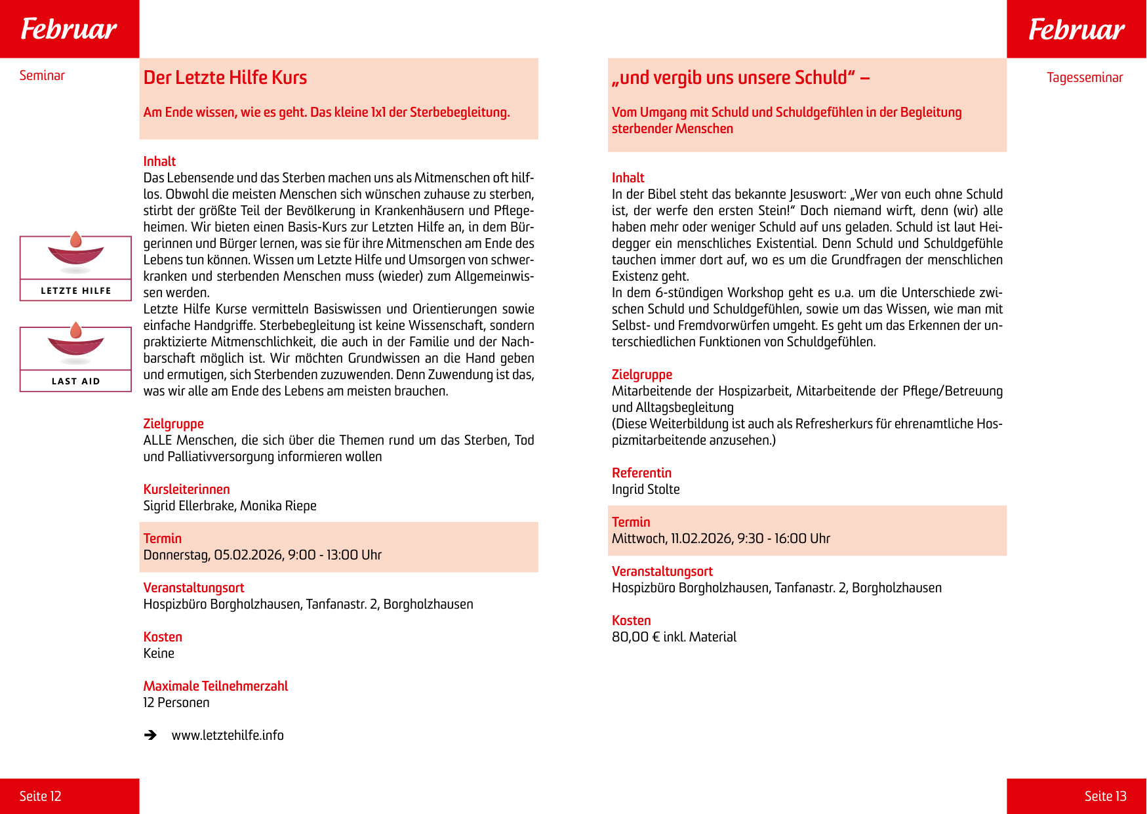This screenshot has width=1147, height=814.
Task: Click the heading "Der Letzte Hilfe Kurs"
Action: click(225, 77)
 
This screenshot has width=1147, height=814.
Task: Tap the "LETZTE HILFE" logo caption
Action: click(76, 291)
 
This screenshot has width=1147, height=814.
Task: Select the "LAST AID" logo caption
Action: click(76, 381)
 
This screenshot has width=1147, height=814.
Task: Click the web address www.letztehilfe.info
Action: click(228, 735)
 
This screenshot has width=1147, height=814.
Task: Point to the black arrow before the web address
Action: click(151, 735)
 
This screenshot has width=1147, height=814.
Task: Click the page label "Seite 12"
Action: click(40, 796)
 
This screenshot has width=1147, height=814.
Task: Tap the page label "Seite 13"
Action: click(1105, 796)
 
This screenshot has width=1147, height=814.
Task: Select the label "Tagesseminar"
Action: click(1085, 77)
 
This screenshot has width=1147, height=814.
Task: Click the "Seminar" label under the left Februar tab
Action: click(42, 75)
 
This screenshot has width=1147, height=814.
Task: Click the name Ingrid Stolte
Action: click(645, 489)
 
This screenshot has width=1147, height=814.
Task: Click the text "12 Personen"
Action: click(176, 702)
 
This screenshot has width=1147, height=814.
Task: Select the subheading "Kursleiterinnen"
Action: click(186, 489)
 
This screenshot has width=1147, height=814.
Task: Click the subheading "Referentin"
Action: click(641, 473)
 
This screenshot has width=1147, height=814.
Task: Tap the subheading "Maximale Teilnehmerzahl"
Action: click(215, 686)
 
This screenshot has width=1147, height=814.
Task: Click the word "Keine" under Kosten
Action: click(159, 653)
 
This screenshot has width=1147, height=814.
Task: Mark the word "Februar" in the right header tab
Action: click(1076, 29)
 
